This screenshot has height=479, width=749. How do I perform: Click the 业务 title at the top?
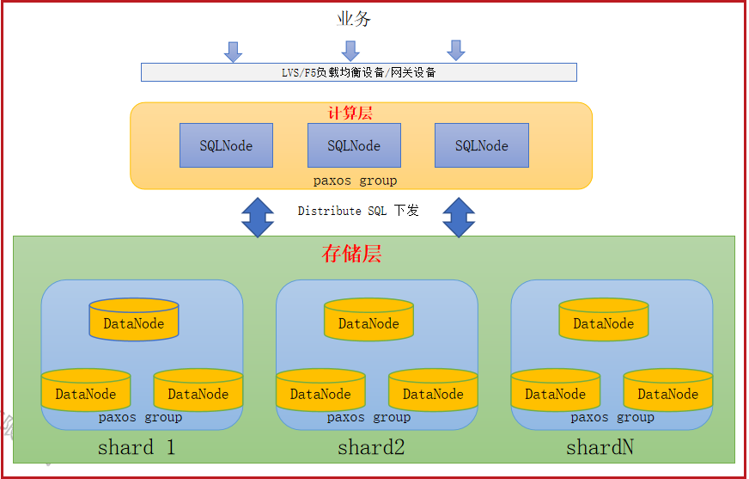354,19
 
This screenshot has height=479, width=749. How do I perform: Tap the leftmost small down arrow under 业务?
233,52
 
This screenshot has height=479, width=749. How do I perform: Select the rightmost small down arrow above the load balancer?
456,50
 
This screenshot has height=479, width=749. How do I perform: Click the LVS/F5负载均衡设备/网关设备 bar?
359,72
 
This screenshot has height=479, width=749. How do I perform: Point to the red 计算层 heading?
350,114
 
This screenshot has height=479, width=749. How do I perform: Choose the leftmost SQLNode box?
226,145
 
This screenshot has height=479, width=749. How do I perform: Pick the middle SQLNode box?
354,145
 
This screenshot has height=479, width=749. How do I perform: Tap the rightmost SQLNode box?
482,145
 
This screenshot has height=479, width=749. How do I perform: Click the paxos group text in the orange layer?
355,181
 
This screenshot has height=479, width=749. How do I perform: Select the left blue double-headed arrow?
258,218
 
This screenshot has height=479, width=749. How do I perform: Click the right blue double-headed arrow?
459,218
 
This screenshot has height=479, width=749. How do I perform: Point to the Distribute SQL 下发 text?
358,211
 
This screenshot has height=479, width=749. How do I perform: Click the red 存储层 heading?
351,254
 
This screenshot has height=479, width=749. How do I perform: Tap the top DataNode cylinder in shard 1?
134,319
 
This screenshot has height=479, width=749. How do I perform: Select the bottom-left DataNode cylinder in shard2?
321,390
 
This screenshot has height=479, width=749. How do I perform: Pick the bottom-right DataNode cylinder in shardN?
668,390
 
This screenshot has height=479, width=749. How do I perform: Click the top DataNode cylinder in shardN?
604,319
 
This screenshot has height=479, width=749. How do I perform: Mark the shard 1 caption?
137,447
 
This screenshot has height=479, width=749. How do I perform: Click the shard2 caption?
371,447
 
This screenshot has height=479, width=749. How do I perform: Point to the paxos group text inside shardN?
612,417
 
